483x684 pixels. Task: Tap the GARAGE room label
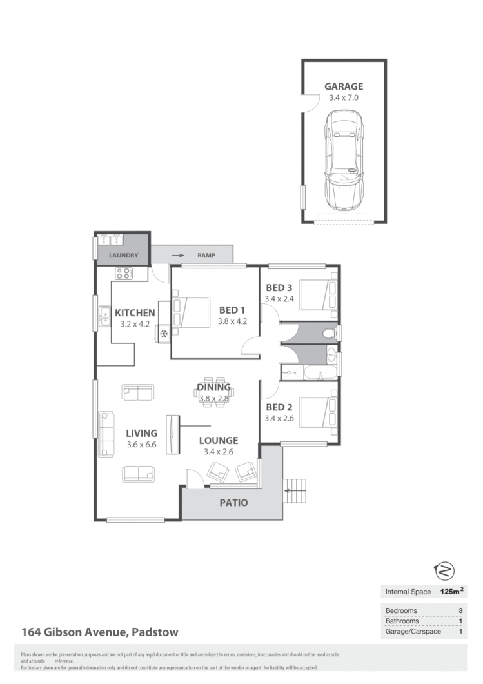(344, 86)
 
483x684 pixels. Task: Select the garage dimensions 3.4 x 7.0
(344, 97)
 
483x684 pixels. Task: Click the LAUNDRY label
(123, 256)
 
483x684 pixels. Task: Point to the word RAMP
(206, 256)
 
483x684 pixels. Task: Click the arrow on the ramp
(177, 256)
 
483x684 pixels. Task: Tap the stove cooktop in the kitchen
(123, 274)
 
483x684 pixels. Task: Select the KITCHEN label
(135, 313)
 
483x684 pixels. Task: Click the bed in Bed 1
(192, 312)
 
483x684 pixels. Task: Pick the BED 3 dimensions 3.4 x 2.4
(279, 299)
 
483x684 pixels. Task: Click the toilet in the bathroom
(330, 333)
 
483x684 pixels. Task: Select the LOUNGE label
(218, 441)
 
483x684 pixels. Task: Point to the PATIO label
(233, 502)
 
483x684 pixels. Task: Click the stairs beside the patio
(296, 494)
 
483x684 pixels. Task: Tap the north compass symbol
(446, 570)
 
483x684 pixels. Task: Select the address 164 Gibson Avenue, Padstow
(100, 632)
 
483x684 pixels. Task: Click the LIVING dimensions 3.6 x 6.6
(141, 445)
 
